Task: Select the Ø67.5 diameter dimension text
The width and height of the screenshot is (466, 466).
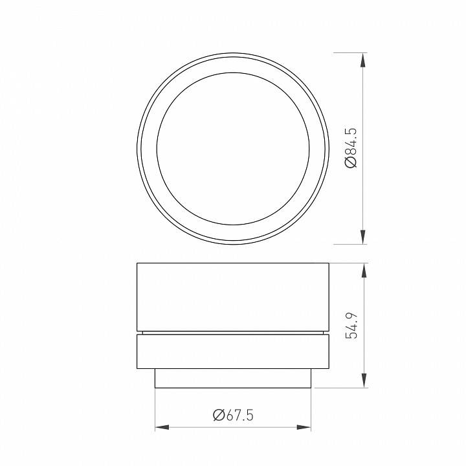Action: [233, 415]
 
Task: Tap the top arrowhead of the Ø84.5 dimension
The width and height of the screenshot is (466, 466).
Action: [363, 60]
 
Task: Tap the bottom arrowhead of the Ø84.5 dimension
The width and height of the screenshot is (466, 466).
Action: [363, 237]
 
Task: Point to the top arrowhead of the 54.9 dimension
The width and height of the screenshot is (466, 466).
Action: [363, 271]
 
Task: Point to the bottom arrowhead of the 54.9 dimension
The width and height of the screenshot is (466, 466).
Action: [363, 381]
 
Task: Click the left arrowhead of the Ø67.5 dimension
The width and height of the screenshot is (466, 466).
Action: [162, 427]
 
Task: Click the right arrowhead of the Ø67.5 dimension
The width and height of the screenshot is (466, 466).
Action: [304, 427]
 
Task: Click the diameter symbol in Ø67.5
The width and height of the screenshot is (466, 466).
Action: [218, 415]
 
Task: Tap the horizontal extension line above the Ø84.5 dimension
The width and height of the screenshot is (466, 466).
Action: [349, 52]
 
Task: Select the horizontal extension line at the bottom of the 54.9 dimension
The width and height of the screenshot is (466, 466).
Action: [343, 388]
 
